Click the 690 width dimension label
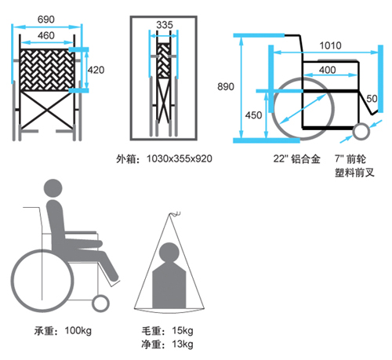(46, 20)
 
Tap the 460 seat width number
(46, 35)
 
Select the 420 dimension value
(96, 70)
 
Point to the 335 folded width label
(165, 25)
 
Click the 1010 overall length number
(331, 45)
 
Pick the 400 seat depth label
(328, 70)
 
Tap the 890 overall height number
(226, 86)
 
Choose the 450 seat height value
(253, 115)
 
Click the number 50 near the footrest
(372, 99)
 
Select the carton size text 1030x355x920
(180, 158)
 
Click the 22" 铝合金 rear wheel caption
(296, 158)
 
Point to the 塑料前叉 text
(354, 173)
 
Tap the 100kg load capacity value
(78, 331)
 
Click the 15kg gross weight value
(183, 331)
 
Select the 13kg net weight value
(183, 344)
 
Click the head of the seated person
(53, 188)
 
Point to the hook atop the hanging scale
(176, 214)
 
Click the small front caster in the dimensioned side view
(361, 132)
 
